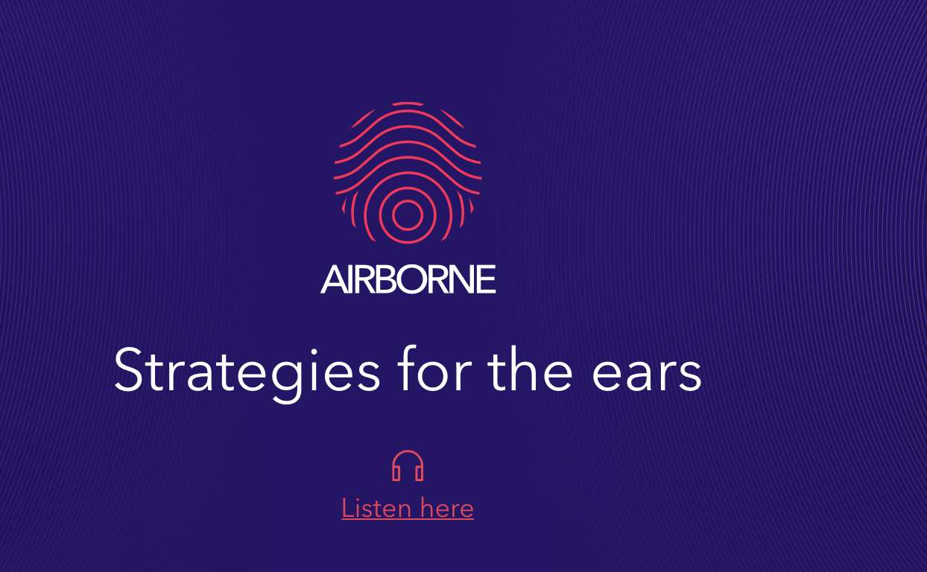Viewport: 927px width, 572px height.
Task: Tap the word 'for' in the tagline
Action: coord(434,368)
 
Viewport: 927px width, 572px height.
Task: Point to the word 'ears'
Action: coord(647,375)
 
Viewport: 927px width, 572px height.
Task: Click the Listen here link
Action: coord(408,508)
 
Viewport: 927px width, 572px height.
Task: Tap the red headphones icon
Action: coord(408,465)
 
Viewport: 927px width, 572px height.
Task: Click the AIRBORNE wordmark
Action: coord(408,279)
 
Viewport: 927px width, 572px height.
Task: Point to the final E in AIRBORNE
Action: coord(486,279)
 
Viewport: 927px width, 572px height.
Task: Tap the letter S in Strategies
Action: coord(129,369)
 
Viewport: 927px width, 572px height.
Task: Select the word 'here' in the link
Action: coord(447,508)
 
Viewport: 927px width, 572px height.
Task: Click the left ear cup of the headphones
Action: coord(396,473)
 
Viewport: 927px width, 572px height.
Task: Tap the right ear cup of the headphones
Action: coord(420,473)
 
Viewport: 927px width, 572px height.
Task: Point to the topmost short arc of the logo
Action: coord(408,104)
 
